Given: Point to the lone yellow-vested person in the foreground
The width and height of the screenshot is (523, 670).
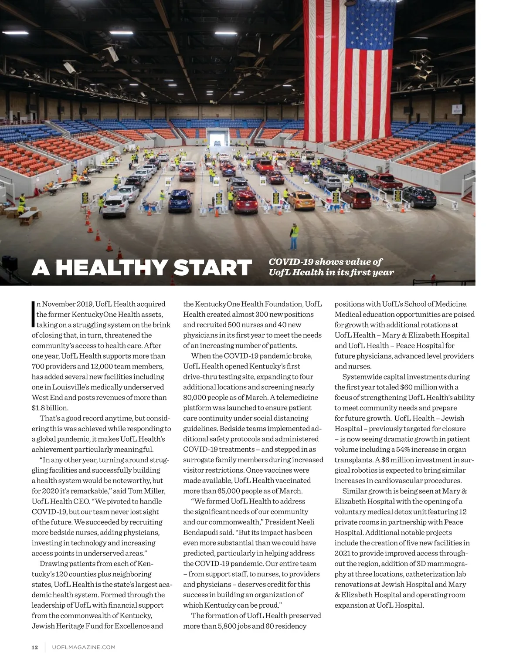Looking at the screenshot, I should pos(295,235).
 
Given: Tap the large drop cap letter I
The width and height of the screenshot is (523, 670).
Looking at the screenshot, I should pos(33,314).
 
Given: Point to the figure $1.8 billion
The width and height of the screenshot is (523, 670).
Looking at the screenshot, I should pos(50,408).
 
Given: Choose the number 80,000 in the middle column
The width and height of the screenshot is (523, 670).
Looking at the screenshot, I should pos(194,397).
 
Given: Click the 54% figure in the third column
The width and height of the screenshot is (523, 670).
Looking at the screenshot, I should pos(403,449).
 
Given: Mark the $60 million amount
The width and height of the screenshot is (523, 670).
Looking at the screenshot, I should pos(419,387).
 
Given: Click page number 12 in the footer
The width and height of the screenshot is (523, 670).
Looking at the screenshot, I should pos(35,647).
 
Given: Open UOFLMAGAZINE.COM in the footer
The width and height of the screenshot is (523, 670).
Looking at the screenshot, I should pos(84,647).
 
